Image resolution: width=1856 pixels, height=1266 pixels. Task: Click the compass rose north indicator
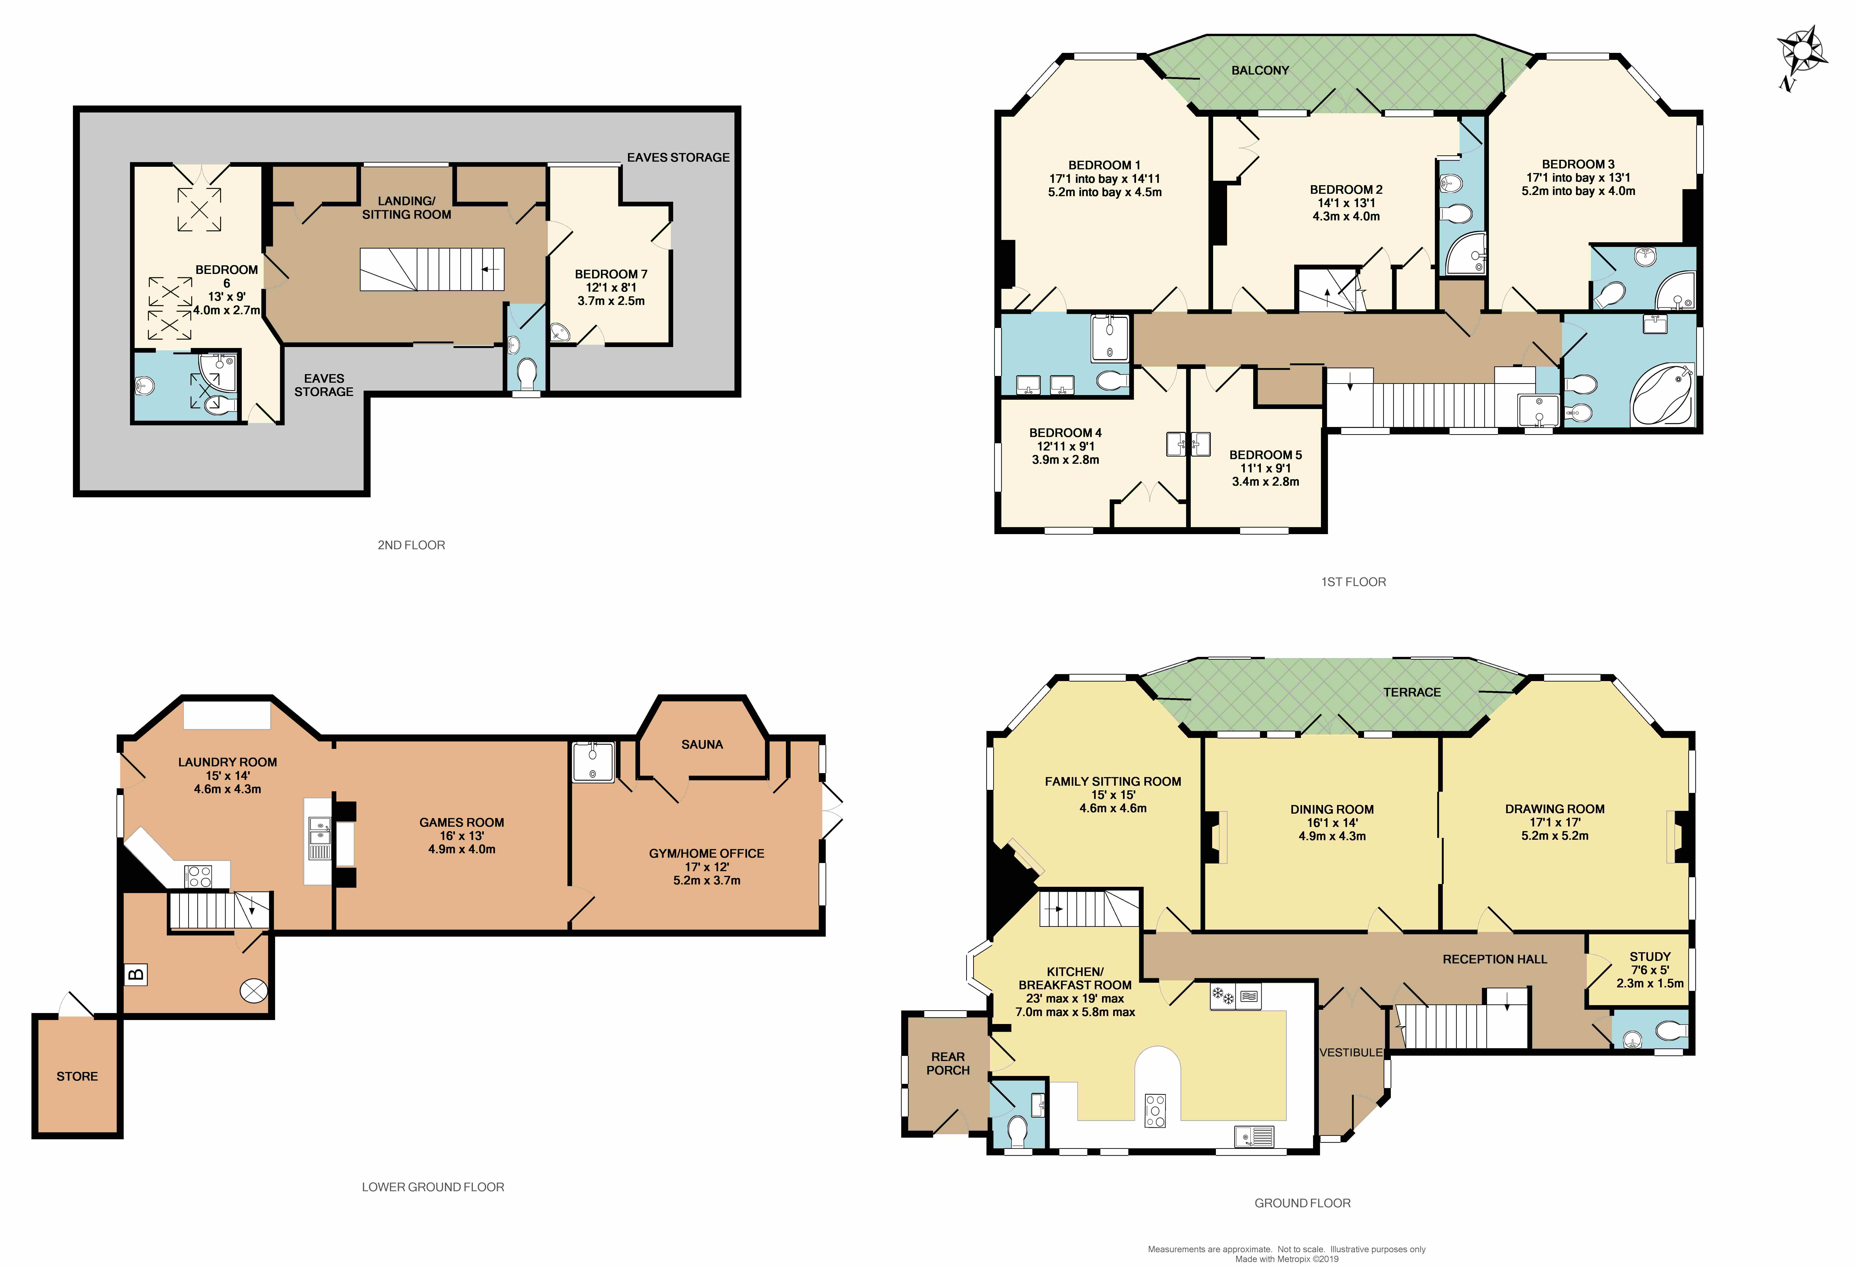pyautogui.click(x=1801, y=56)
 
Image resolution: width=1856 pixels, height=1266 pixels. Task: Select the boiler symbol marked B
pyautogui.click(x=136, y=974)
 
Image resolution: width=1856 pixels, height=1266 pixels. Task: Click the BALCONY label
pyautogui.click(x=1259, y=70)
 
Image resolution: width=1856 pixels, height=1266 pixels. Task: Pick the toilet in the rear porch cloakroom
pyautogui.click(x=1017, y=1130)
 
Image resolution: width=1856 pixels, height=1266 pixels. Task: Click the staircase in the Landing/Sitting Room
pyautogui.click(x=431, y=269)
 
